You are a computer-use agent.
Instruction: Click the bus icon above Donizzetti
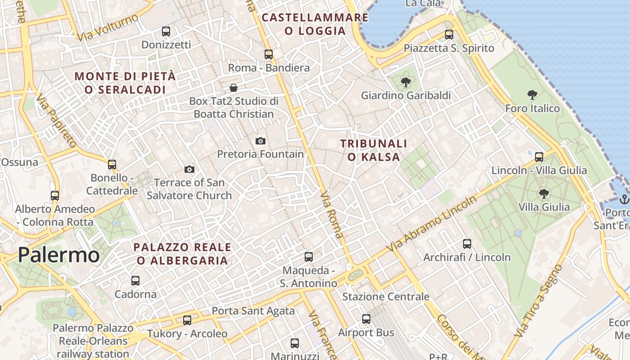tap(166, 31)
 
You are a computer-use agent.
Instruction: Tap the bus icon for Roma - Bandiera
tap(269, 54)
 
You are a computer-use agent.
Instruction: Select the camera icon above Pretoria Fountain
tap(260, 141)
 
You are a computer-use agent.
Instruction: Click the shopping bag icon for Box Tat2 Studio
tap(234, 87)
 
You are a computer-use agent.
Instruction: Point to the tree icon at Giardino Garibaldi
tap(406, 82)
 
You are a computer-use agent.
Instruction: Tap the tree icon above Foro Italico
tap(532, 95)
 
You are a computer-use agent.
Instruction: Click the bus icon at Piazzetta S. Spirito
tap(449, 35)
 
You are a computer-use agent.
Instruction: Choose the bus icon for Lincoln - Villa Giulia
tap(539, 157)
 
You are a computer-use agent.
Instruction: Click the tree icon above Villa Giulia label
tap(544, 194)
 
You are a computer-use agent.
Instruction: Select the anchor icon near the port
tap(624, 199)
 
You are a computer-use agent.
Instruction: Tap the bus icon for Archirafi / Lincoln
tap(467, 244)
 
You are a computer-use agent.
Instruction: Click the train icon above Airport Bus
tap(366, 319)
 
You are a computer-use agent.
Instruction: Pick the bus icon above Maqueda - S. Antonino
tap(309, 257)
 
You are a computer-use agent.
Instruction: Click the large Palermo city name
tap(58, 255)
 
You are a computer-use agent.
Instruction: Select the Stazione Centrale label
tap(386, 297)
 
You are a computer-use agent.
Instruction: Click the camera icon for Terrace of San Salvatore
tap(189, 169)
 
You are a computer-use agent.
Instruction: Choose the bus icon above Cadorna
tap(135, 281)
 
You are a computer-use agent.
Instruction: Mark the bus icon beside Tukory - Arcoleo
tap(187, 320)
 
